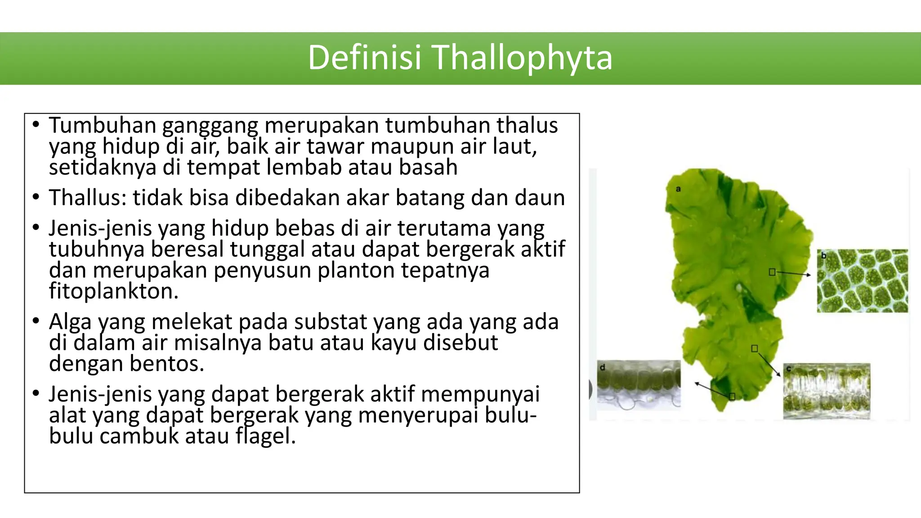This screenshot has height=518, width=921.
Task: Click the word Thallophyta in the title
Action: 523,58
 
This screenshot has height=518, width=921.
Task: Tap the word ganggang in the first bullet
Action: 210,126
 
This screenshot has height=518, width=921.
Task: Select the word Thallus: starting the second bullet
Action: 87,198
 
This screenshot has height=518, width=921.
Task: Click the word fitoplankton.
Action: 113,291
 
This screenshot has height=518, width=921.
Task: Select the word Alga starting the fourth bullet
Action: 70,322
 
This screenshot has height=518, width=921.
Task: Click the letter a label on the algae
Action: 678,189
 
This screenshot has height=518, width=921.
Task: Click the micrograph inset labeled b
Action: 862,281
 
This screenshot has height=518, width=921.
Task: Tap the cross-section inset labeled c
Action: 827,391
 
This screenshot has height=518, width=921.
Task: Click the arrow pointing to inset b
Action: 793,273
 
